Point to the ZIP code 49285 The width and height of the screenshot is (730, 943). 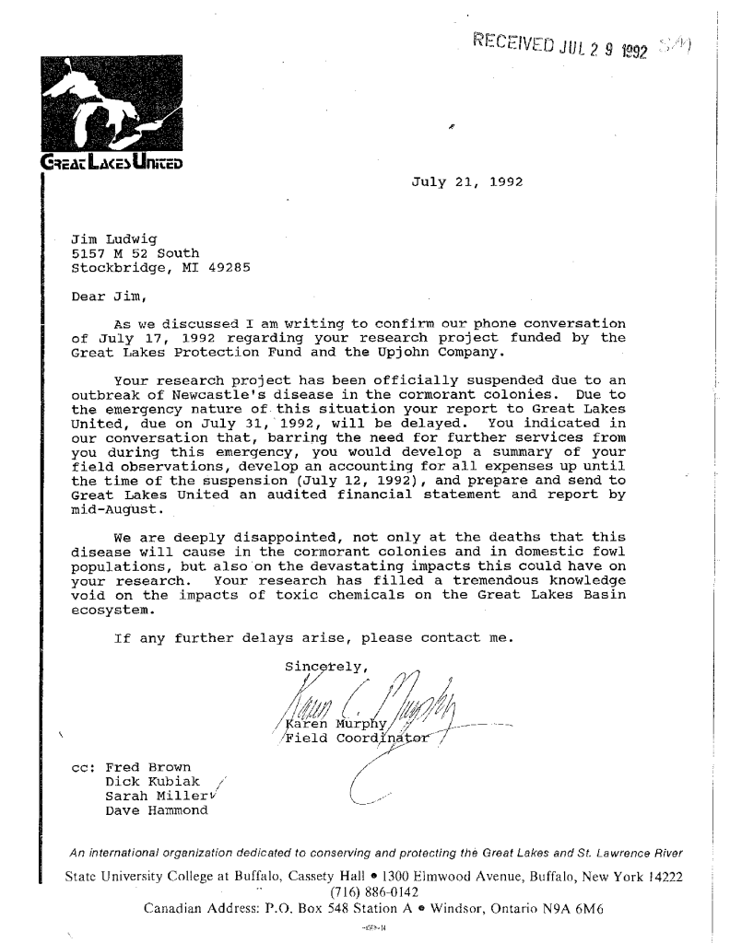click(x=230, y=268)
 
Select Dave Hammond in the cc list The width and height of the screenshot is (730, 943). click(x=157, y=810)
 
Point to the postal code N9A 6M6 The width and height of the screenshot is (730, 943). click(x=555, y=911)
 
